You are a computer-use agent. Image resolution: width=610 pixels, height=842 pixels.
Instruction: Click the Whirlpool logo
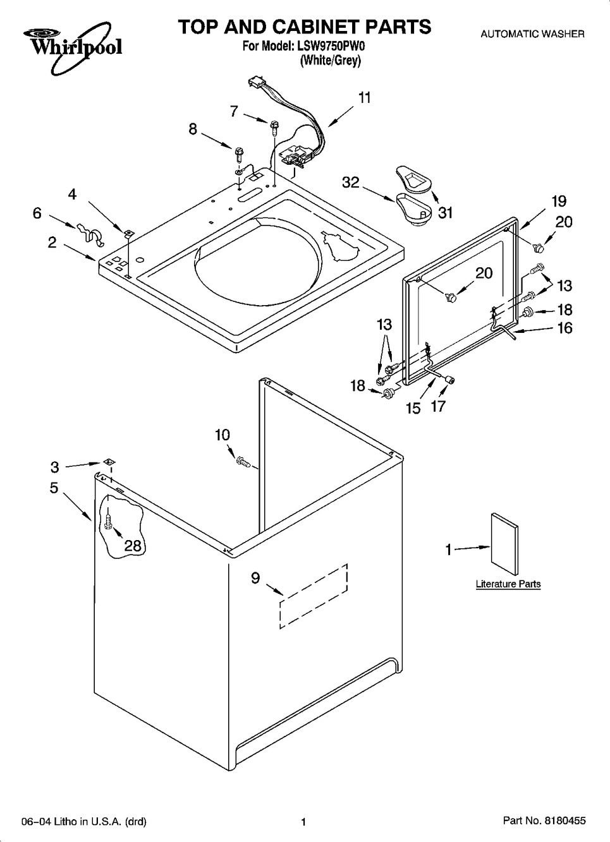(73, 47)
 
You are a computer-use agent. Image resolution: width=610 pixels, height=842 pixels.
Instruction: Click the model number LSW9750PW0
(331, 46)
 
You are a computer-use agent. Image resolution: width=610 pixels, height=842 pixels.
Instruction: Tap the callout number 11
(365, 98)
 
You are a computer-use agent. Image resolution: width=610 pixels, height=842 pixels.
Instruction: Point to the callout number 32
(351, 183)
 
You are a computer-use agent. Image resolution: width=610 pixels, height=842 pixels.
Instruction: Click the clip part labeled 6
(90, 236)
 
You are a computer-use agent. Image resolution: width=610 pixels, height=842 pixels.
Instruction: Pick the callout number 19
(559, 201)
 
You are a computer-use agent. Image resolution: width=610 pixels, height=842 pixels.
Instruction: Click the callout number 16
(564, 328)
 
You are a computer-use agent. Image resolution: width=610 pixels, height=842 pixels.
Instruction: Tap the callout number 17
(438, 406)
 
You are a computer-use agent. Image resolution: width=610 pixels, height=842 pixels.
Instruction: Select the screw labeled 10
(243, 461)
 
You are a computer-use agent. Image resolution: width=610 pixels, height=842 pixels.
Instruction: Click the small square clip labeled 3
(109, 461)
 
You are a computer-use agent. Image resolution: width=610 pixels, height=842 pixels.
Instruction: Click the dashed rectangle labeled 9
(314, 596)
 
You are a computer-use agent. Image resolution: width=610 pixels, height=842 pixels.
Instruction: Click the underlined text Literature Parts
(508, 584)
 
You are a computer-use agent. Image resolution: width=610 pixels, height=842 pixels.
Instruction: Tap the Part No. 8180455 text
(544, 820)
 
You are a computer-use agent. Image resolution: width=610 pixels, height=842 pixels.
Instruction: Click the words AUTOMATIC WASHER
(532, 34)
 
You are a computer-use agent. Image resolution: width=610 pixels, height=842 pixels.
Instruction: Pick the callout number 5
(54, 488)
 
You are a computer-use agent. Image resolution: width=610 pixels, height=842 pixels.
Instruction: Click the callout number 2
(52, 242)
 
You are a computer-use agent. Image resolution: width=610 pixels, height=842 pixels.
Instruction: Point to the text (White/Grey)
(330, 60)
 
